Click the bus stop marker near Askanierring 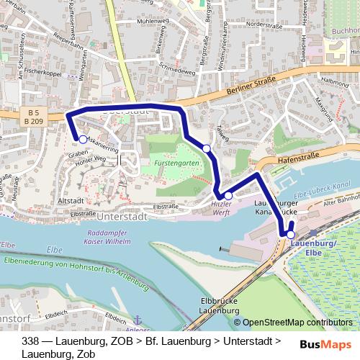[83, 140]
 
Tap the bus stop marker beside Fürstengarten [207, 148]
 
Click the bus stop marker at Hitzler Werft [228, 195]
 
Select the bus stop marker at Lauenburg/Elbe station [291, 234]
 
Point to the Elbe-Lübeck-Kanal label [323, 188]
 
